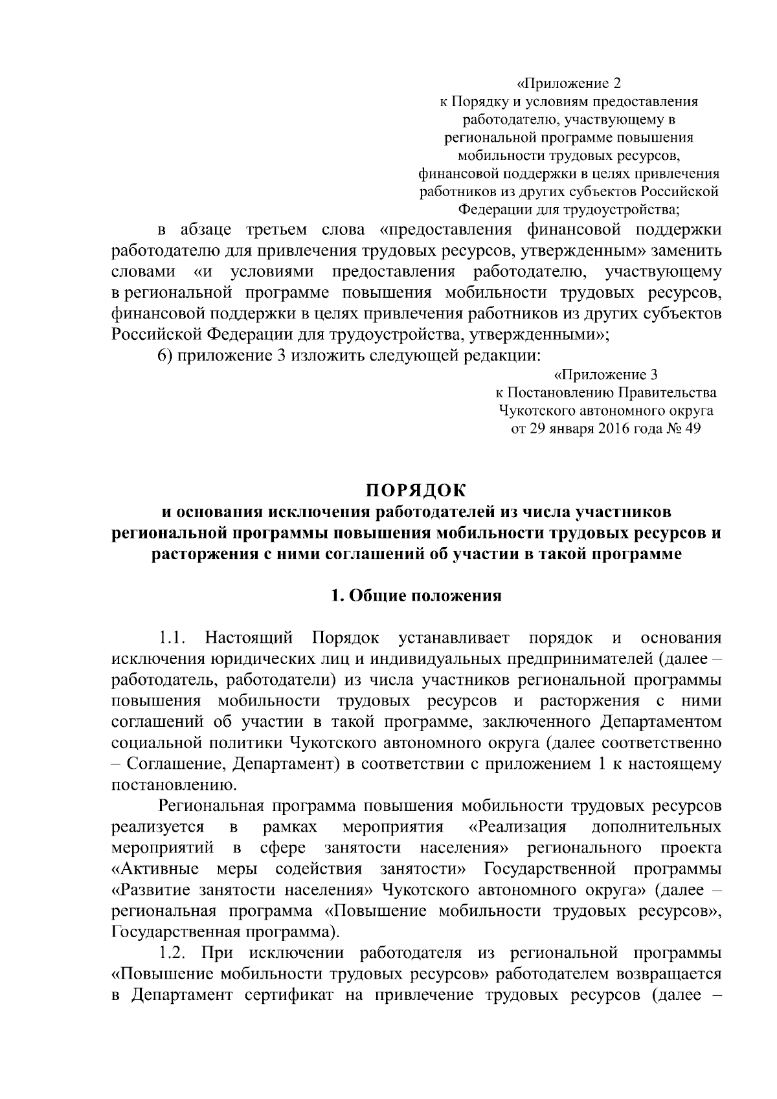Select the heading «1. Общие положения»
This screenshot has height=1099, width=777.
(416, 596)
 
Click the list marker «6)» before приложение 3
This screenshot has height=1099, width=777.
(167, 355)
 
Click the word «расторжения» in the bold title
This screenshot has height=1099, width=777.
(202, 554)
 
